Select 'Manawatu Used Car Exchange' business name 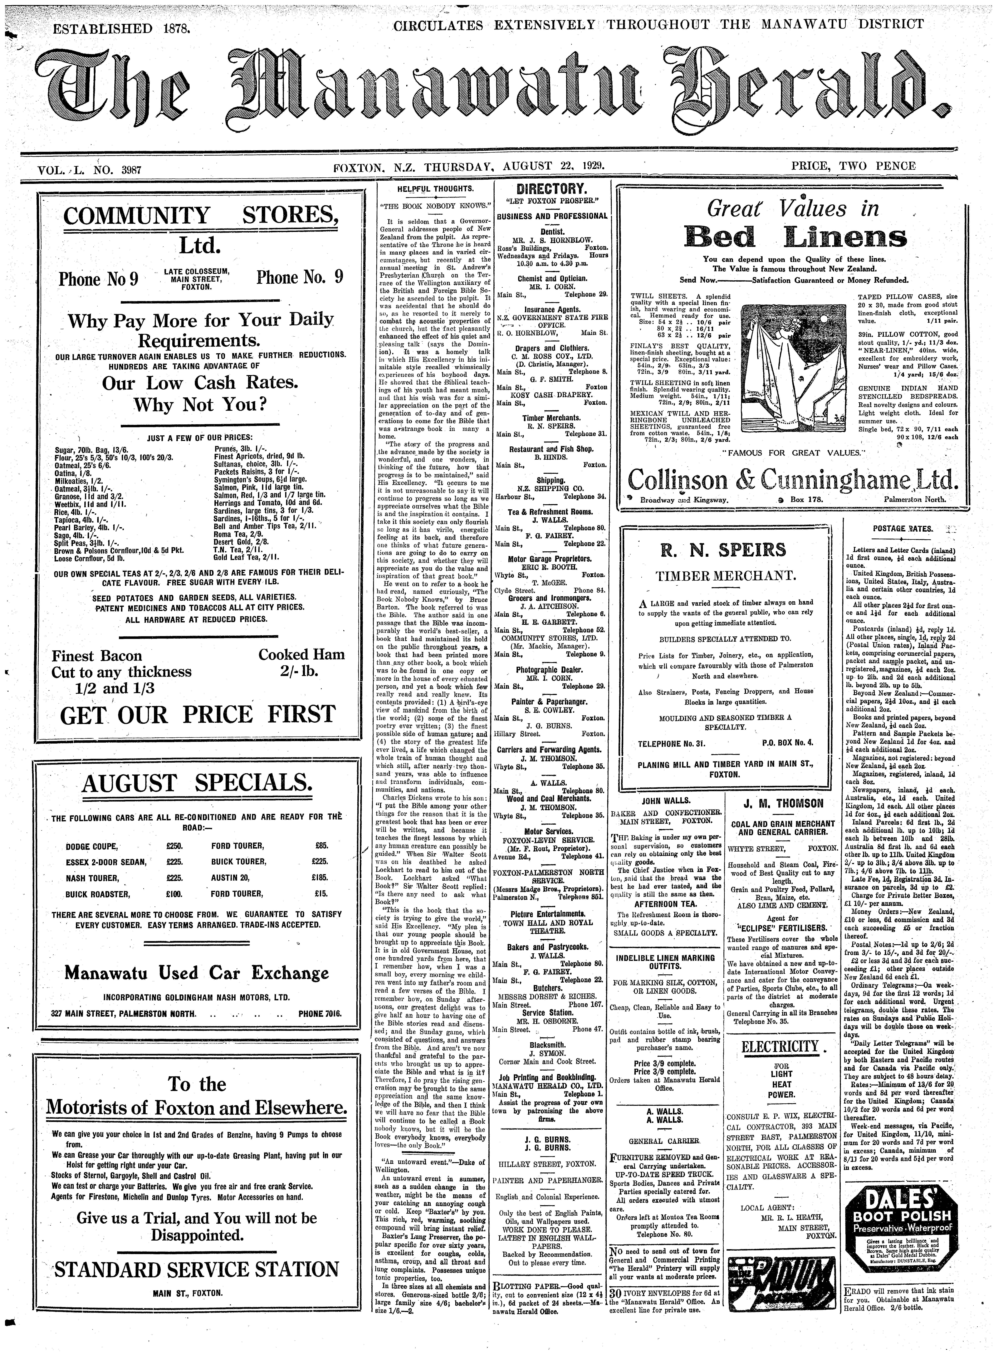[197, 973]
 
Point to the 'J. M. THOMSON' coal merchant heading [783, 803]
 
